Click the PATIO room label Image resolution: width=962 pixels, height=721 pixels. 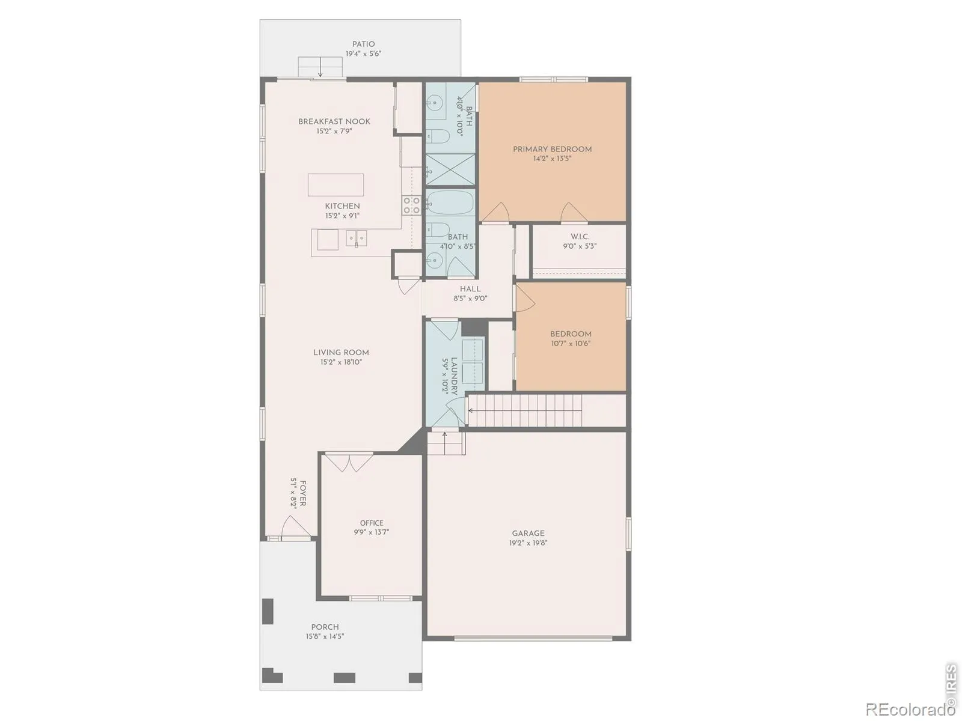tap(363, 44)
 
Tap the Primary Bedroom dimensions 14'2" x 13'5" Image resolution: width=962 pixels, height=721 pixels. tap(552, 159)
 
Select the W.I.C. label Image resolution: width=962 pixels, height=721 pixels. tap(580, 237)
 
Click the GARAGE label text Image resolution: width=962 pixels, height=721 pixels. tap(528, 533)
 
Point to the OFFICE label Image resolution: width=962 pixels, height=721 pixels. tap(372, 523)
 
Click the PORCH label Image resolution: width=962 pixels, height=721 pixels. tap(325, 627)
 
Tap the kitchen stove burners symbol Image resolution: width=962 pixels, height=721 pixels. tap(411, 205)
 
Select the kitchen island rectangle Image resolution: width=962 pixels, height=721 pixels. tap(335, 184)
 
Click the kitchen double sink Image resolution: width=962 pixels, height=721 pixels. tap(357, 239)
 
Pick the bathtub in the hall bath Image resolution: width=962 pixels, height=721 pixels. tap(450, 202)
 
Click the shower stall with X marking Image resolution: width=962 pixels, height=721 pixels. tap(450, 169)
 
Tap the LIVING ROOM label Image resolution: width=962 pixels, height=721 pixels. tap(341, 353)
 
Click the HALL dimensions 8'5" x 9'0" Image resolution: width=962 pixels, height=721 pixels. tap(470, 299)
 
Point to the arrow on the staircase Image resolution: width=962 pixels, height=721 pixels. tap(525, 410)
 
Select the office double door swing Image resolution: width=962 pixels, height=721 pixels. tap(349, 463)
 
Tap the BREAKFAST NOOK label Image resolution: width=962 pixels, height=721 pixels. tap(334, 121)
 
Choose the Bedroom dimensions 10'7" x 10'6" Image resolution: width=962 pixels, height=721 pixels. tap(571, 343)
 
